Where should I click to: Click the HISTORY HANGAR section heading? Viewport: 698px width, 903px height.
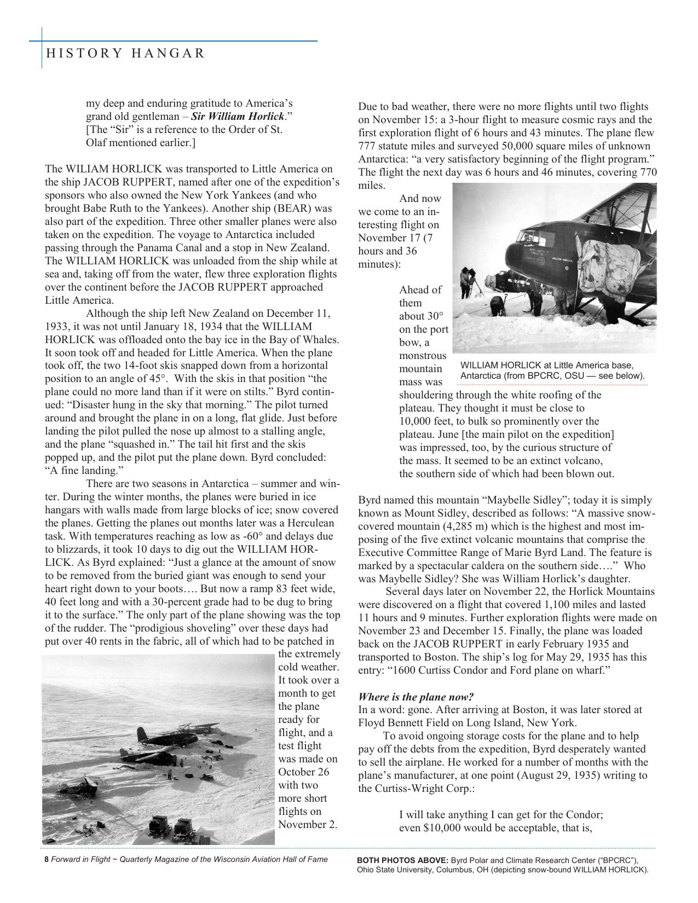125,53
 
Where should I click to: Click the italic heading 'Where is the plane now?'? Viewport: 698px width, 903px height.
416,697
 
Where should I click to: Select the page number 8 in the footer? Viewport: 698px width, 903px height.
47,859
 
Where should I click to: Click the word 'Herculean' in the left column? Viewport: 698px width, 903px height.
315,523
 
